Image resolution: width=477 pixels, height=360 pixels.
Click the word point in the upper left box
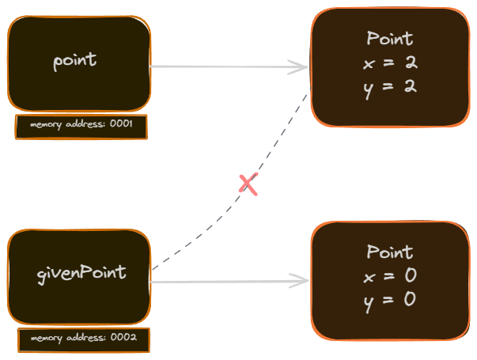[x=75, y=61]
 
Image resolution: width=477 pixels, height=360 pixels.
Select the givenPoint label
[x=81, y=272]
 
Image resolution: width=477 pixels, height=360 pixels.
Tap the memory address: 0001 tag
[x=81, y=126]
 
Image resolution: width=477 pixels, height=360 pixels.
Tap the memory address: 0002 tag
[x=84, y=339]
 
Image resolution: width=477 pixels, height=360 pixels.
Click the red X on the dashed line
[x=248, y=185]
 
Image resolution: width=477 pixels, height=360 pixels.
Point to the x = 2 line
[x=390, y=63]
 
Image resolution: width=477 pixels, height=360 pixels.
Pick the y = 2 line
[x=390, y=85]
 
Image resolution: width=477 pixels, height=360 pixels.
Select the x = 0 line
[x=390, y=276]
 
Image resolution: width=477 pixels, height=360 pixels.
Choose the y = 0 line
[x=390, y=299]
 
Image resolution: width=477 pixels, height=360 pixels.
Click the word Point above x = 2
[x=390, y=39]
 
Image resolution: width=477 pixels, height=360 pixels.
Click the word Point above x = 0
[x=390, y=252]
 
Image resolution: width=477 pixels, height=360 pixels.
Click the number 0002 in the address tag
[x=124, y=339]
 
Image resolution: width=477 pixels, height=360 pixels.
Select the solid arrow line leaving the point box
[x=221, y=67]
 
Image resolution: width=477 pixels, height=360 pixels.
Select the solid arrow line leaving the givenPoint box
[x=221, y=281]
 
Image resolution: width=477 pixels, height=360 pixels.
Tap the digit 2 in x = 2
[x=410, y=63]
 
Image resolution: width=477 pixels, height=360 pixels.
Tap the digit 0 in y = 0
[x=410, y=299]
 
